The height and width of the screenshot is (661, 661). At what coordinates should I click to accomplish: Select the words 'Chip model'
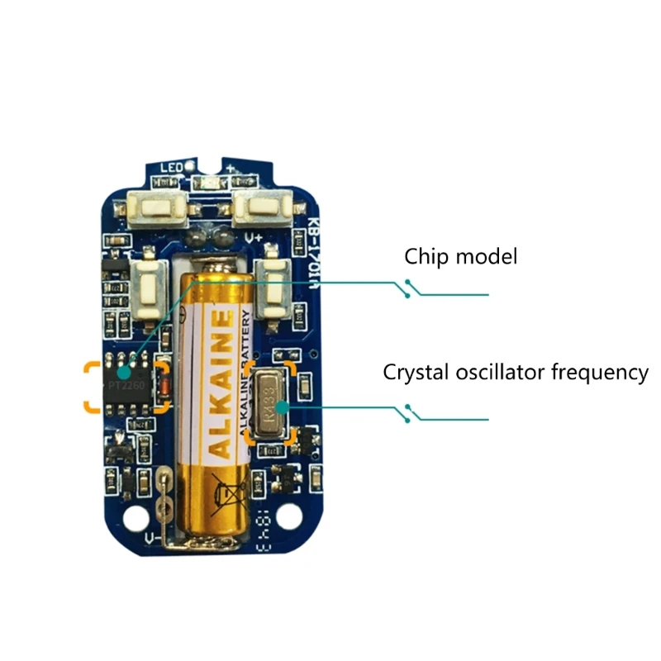click(x=460, y=256)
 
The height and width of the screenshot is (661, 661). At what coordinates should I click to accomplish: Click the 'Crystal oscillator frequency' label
click(x=515, y=372)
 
